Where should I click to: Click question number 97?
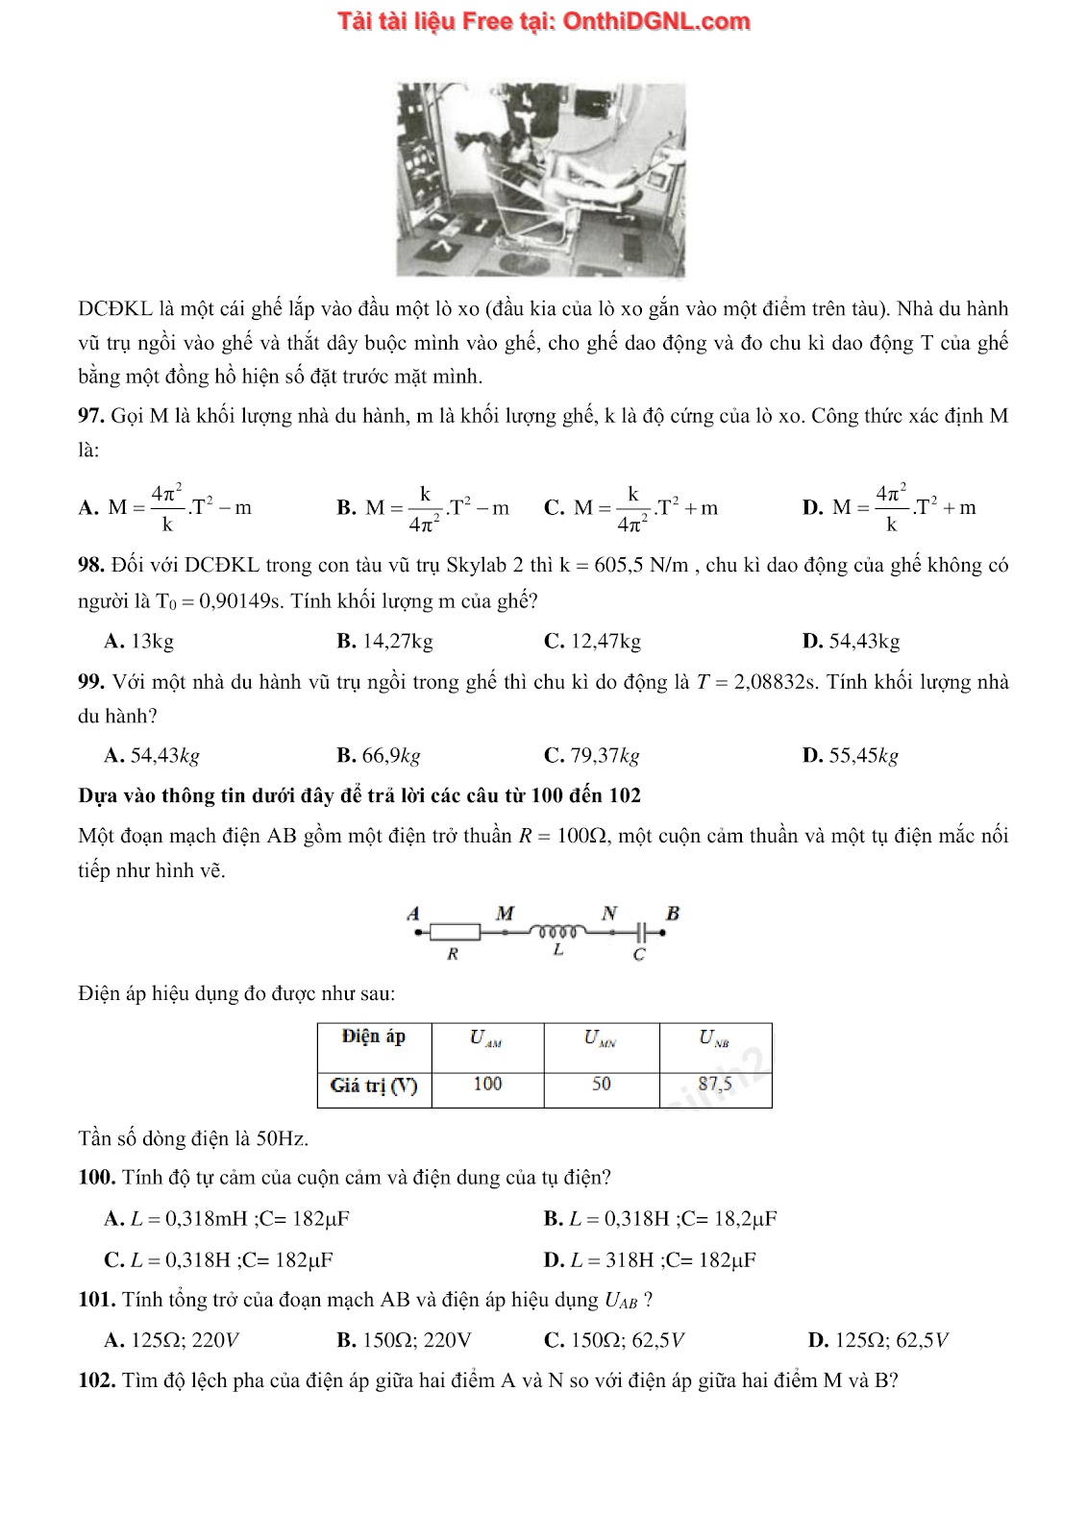[90, 416]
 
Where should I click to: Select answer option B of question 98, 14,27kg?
[384, 641]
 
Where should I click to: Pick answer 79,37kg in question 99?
[591, 755]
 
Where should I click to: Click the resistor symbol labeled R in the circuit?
[455, 931]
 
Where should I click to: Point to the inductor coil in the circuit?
[558, 930]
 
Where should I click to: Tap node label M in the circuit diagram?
[505, 912]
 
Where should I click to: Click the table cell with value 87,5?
[715, 1085]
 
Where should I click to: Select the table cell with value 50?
[602, 1085]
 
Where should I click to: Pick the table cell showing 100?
[487, 1085]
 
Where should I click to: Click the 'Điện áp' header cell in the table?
[374, 1037]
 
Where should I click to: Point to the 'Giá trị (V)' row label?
[374, 1086]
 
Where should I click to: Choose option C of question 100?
[219, 1259]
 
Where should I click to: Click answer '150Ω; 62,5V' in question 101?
[614, 1340]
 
